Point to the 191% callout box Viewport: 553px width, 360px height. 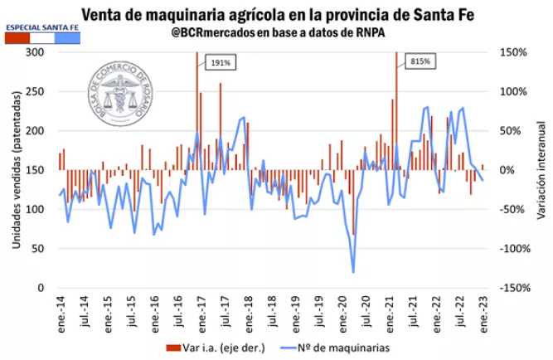click(217, 61)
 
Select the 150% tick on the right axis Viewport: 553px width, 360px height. click(512, 52)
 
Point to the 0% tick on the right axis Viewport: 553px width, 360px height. click(508, 170)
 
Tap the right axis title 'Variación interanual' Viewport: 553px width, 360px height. click(538, 170)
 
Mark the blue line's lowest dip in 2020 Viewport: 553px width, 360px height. click(353, 272)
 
